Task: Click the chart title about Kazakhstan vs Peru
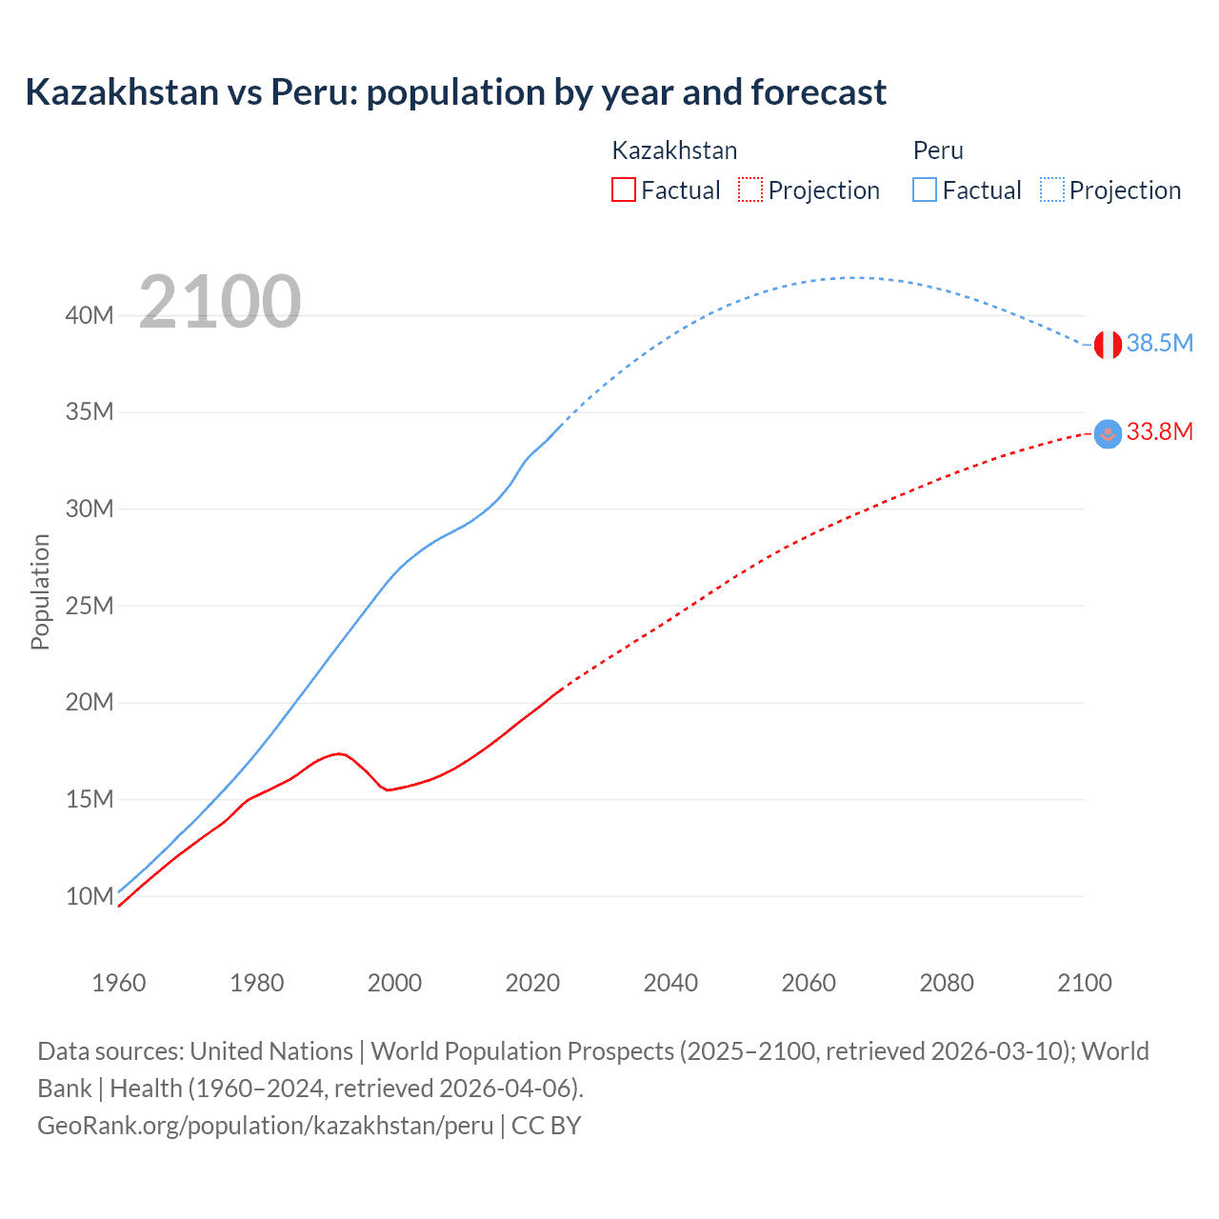point(455,92)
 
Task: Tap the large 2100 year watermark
point(220,302)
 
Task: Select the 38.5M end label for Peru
point(1159,343)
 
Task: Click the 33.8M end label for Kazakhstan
point(1159,431)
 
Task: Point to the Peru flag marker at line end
point(1108,345)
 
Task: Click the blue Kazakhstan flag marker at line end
point(1108,434)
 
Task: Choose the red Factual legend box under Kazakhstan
point(623,190)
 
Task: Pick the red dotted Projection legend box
point(750,190)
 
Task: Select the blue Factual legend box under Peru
point(925,190)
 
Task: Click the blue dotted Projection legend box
point(1052,190)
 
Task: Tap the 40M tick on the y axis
point(90,315)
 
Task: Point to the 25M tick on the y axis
point(90,606)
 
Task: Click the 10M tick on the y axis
point(90,896)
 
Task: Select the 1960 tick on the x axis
point(119,983)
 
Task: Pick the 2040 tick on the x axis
point(670,983)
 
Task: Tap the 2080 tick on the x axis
point(947,983)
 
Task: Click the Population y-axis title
point(40,591)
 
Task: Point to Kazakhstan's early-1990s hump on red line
point(338,753)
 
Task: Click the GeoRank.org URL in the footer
point(266,1126)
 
